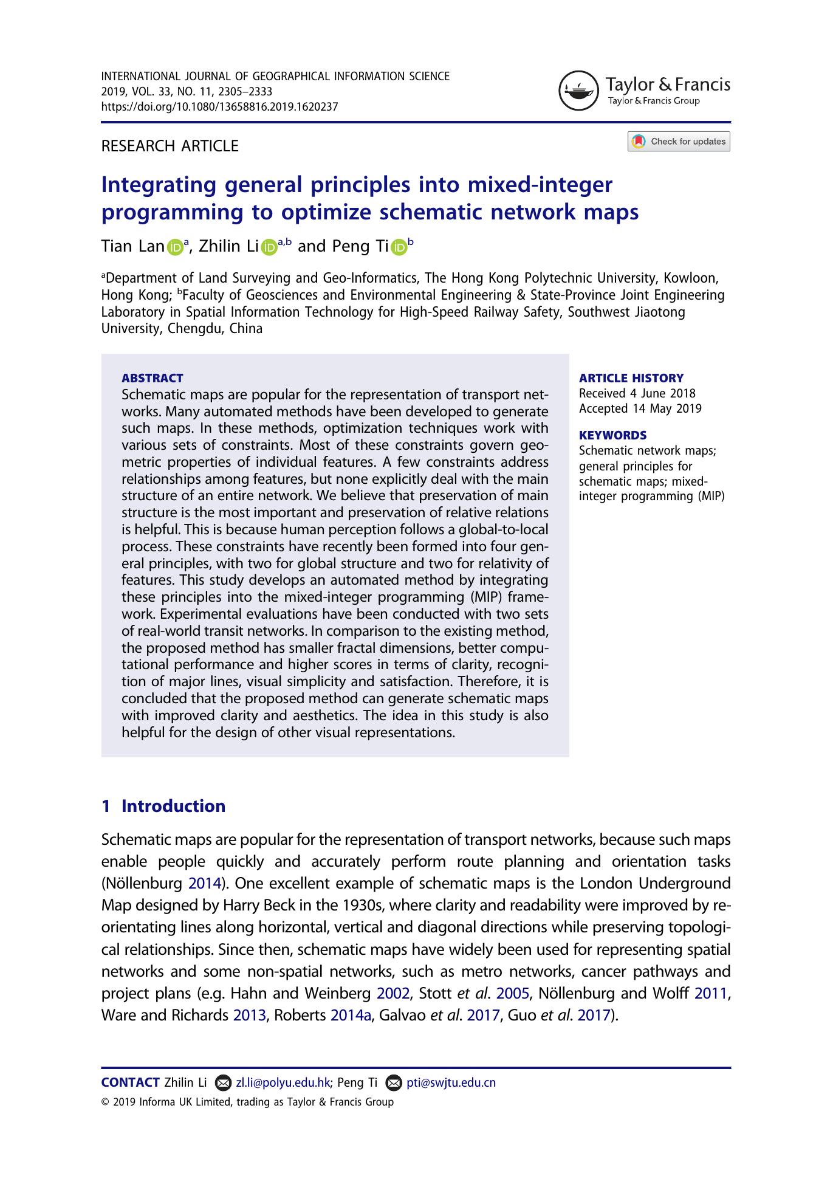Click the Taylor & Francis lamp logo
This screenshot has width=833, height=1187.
click(579, 91)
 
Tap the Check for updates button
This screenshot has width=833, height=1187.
click(679, 142)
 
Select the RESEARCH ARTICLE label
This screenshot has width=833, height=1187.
click(170, 146)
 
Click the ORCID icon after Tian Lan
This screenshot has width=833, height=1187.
click(175, 247)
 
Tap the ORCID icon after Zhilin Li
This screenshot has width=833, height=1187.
click(269, 247)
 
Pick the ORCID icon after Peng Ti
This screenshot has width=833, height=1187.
click(399, 247)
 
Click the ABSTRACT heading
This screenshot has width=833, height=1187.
click(152, 378)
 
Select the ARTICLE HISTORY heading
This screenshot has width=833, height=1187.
click(631, 378)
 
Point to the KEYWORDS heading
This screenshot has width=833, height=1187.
click(612, 435)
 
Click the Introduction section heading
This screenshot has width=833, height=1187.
click(173, 806)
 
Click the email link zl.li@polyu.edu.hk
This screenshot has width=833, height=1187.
click(283, 1082)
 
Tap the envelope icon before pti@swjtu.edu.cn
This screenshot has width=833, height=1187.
click(394, 1082)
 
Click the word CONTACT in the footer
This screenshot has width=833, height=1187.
click(130, 1082)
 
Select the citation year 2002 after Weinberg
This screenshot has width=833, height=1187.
click(393, 993)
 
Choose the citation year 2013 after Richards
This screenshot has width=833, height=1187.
click(250, 1015)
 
